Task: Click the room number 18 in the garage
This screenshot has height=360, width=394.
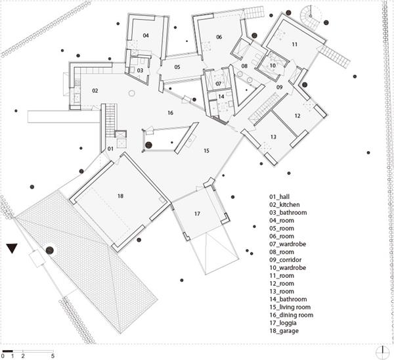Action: coord(120,196)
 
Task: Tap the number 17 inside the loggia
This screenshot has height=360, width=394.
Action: coord(197,214)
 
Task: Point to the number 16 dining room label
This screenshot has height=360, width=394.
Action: coord(170,114)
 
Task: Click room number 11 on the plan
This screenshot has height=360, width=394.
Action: coord(295,44)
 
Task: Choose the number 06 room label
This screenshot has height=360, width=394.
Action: coord(219,37)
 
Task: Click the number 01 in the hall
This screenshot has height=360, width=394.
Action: coord(110,149)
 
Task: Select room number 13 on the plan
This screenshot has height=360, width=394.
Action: coord(273,136)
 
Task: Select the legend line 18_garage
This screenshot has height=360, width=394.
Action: coord(284,331)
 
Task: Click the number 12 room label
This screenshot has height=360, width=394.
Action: coord(297,116)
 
